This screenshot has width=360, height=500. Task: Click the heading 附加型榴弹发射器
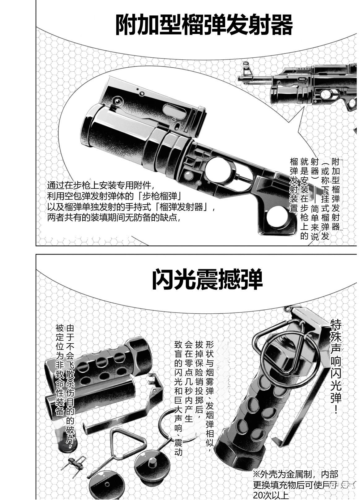click(x=204, y=25)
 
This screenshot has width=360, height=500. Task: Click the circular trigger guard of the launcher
click(x=221, y=170)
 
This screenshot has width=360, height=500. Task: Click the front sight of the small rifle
click(x=247, y=69)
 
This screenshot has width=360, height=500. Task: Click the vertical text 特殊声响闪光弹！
click(x=336, y=365)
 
